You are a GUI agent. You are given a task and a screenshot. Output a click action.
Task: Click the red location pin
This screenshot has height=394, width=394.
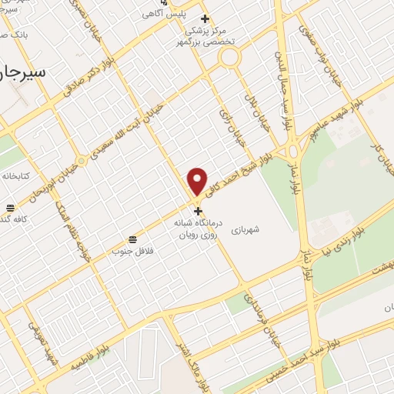tap(198, 181)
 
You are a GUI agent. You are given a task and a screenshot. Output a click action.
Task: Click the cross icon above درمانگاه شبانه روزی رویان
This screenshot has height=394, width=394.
tap(198, 211)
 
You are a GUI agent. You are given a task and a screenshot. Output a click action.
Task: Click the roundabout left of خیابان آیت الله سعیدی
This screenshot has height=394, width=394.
tap(82, 161)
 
